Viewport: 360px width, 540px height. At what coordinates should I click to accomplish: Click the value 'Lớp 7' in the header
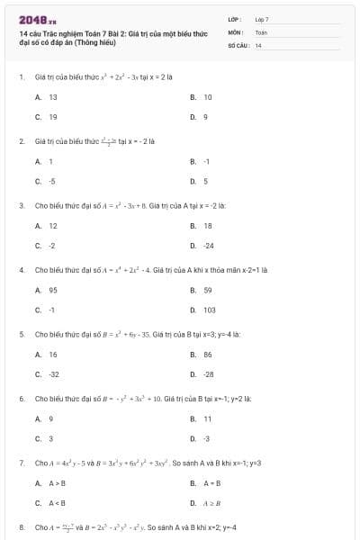[x=262, y=18]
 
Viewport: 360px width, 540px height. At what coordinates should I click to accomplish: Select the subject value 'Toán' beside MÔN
[x=261, y=31]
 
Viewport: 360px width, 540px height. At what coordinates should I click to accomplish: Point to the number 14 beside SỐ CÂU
[x=258, y=44]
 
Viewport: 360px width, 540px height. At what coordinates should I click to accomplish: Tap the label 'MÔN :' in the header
[x=236, y=31]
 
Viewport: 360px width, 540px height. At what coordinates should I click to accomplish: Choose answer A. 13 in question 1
[x=47, y=96]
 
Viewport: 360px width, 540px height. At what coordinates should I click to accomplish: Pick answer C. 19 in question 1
[x=47, y=117]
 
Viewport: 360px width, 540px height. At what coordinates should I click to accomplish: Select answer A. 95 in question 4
[x=47, y=290]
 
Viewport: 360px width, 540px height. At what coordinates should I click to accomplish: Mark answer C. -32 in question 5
[x=48, y=374]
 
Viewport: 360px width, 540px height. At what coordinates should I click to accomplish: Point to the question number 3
[x=21, y=205]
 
